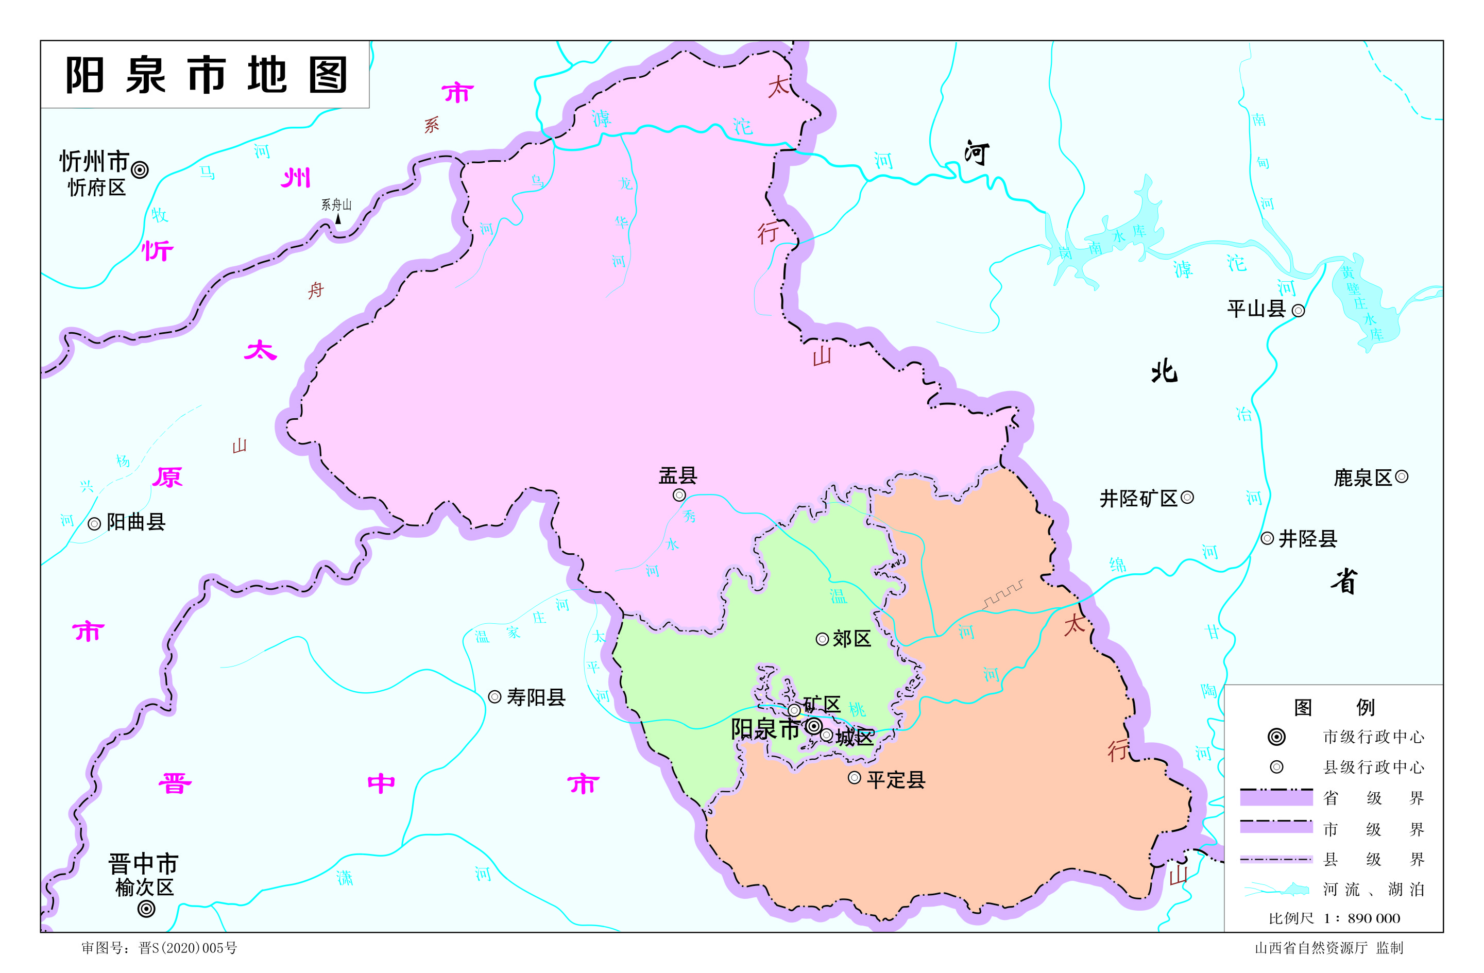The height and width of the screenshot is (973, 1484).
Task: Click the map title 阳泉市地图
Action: point(206,75)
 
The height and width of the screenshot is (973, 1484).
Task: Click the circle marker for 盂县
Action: point(679,495)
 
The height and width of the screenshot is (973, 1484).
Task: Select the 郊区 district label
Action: point(852,639)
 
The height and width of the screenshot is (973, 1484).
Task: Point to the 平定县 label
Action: point(896,780)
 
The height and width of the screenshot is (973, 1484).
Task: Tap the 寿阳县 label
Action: point(536,697)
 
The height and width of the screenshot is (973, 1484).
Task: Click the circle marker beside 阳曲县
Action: point(94,524)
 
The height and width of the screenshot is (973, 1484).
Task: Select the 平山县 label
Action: point(1256,309)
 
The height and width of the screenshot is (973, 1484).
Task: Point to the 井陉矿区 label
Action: point(1138,499)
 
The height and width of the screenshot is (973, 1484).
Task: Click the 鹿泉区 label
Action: point(1362,478)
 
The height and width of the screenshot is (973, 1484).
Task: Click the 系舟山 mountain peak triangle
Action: point(338,219)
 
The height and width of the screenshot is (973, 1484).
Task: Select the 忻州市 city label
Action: point(94,161)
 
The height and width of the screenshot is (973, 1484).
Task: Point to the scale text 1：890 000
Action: point(1361,918)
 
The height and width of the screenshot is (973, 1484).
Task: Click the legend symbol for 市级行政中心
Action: point(1276,737)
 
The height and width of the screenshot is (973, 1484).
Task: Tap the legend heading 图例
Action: point(1334,707)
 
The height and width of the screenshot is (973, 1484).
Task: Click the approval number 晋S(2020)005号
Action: point(187,948)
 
